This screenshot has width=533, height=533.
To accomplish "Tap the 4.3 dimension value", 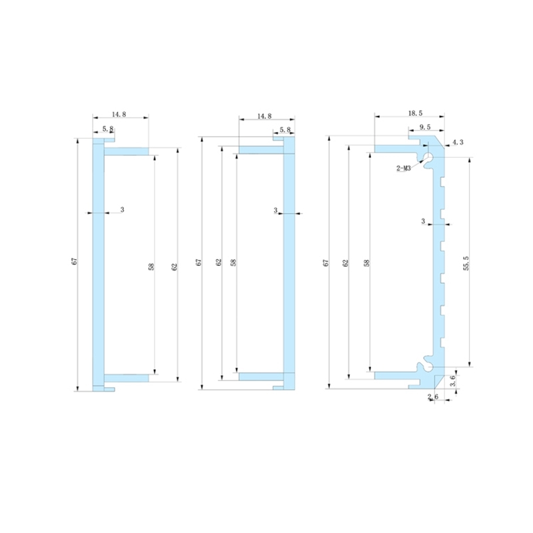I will point(458,143).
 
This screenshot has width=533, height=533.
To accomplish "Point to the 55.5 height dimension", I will point(467,263).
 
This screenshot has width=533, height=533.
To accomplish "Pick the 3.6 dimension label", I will point(454,382).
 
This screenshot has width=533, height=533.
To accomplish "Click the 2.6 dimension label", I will point(432,397).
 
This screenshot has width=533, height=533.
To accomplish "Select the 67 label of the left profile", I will point(74,263).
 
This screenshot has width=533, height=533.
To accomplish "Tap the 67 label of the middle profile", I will point(198,263).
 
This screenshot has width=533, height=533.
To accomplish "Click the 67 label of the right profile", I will point(326,263).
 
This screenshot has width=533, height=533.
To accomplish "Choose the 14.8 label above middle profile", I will point(265,117).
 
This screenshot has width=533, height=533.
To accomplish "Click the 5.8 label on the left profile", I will point(107,129).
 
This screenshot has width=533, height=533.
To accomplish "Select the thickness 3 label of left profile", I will point(122,210).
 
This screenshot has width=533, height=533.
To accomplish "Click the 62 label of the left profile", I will point(175,266).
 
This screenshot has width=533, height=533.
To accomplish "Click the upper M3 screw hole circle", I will point(428,158).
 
